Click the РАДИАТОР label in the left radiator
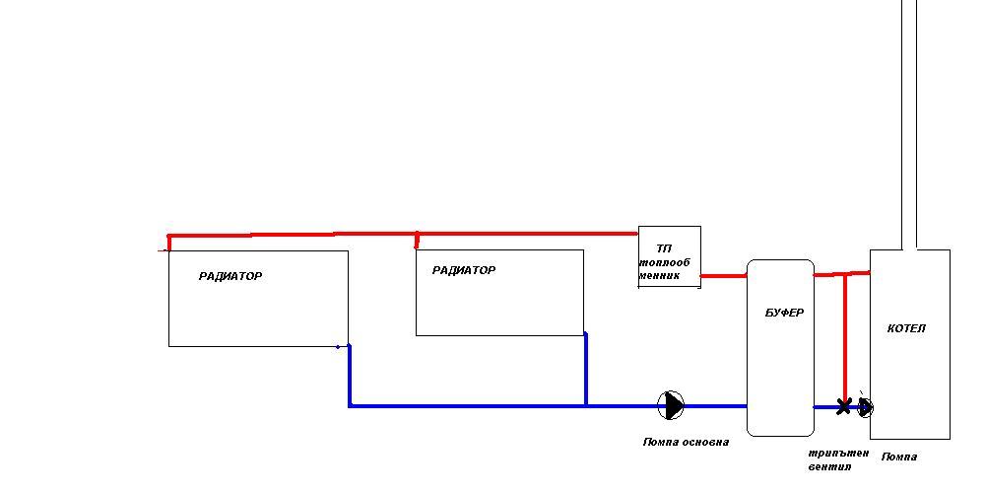[x=230, y=277]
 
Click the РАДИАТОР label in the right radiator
[x=464, y=271]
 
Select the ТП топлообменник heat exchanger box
[x=670, y=257]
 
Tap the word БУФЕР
[x=784, y=314]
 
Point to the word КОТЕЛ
[x=906, y=329]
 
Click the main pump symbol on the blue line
[x=671, y=405]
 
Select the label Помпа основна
[x=686, y=443]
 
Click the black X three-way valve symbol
[x=843, y=406]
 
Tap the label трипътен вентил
[x=837, y=459]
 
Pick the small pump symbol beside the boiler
[x=865, y=406]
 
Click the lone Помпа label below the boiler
[x=898, y=458]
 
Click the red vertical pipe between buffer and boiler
[x=844, y=335]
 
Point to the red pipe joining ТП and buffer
[x=723, y=276]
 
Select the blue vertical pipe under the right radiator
[x=586, y=370]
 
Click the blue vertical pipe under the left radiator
[x=349, y=376]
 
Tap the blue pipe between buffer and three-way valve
[x=825, y=406]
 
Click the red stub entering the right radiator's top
[x=417, y=241]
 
